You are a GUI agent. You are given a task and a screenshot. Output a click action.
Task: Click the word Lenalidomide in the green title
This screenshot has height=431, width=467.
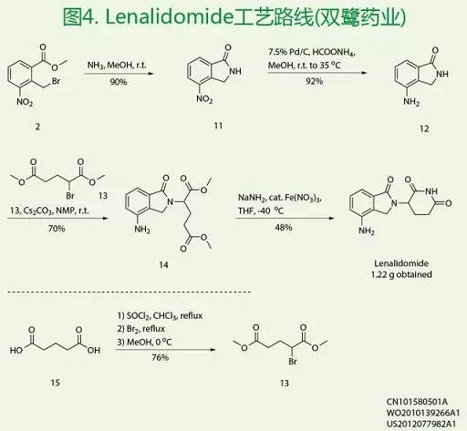coord(169,17)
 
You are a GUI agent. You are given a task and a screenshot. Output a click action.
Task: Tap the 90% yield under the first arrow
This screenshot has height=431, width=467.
coord(119,82)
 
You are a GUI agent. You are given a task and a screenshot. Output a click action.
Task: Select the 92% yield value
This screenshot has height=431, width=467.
coord(315,81)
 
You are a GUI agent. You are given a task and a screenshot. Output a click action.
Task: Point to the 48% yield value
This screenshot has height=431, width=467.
coord(284,228)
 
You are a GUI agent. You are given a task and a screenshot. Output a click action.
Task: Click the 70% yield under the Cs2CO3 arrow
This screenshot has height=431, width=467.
coord(57,229)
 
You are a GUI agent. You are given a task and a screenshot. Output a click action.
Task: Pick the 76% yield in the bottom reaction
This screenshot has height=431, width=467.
coord(161,357)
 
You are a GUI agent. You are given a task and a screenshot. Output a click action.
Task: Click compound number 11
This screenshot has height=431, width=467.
coord(218,126)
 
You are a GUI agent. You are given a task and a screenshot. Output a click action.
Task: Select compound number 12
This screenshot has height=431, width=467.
coord(424,128)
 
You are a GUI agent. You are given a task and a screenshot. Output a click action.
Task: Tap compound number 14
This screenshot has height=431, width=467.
coord(163,265)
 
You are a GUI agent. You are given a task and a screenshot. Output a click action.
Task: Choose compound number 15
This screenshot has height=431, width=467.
coord(55,383)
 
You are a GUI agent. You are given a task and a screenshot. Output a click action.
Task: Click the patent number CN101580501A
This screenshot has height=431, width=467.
coord(417,402)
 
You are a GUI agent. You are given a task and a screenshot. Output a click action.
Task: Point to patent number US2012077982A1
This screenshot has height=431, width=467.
coord(421,424)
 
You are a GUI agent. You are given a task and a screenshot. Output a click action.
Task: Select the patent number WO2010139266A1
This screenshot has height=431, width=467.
coord(423,413)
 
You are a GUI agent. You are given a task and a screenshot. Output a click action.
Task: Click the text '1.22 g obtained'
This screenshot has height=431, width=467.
coord(401,274)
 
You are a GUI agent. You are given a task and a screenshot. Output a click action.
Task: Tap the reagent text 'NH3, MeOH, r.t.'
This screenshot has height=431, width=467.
coord(117,66)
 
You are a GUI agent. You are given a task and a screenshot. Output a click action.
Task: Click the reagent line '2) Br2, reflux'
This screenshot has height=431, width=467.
coord(141,329)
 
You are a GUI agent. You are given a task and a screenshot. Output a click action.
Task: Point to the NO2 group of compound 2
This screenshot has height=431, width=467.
coord(25,102)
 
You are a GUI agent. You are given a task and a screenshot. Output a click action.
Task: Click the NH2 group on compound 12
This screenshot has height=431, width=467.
coord(411,102)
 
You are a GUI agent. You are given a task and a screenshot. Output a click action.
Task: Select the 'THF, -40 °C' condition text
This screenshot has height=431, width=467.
coord(261,210)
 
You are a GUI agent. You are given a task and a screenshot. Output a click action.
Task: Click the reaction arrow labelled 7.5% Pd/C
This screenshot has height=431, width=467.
coord(317,73)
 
